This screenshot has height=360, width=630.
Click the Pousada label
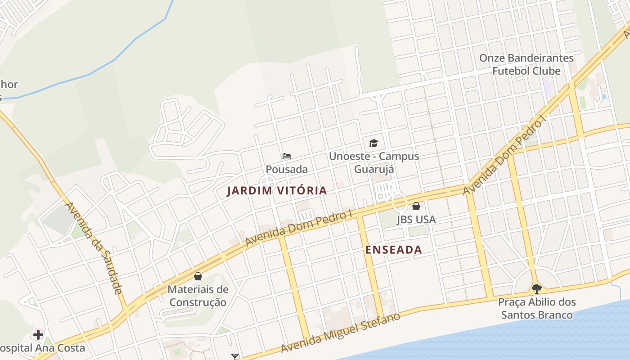click(x=287, y=169)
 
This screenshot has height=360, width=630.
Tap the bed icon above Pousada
click(x=287, y=156)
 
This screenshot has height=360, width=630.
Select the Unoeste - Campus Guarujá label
click(x=373, y=162)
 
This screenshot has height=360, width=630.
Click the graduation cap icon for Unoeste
click(x=373, y=143)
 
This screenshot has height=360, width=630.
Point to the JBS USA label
click(x=416, y=220)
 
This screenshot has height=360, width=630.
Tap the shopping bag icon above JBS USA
click(x=416, y=206)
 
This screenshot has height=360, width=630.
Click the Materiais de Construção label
click(x=198, y=296)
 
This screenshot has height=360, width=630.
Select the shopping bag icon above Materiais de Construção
click(x=198, y=276)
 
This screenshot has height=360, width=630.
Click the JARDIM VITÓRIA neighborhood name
click(x=277, y=191)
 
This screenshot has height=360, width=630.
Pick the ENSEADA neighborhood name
click(x=394, y=250)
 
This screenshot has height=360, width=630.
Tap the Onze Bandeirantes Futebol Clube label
click(x=526, y=64)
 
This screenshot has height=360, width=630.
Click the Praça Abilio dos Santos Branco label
click(x=537, y=308)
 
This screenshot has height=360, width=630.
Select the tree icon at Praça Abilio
click(x=536, y=288)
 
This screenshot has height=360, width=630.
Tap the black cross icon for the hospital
click(x=38, y=334)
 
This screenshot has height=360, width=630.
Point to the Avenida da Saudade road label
click(x=94, y=248)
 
